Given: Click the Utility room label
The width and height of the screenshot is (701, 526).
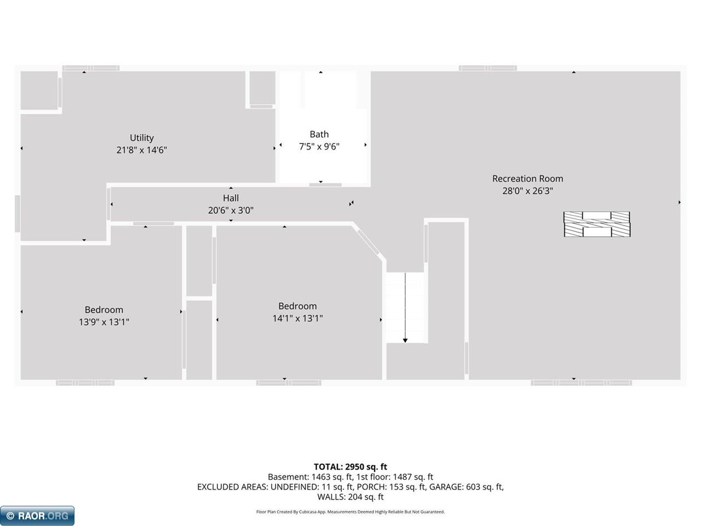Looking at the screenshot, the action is coord(141,138).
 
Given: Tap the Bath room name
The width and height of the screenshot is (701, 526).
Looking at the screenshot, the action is coord(319,134).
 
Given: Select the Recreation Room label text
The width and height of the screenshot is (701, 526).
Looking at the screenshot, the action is coord(527,179).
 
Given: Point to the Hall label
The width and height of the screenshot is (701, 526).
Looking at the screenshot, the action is coord(231,198).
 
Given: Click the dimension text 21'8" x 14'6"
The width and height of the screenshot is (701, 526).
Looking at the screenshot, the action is coord(141,150).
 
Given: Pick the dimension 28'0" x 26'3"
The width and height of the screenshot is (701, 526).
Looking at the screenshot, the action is coord(527,191).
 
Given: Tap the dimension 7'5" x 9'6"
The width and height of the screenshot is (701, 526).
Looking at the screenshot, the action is coord(319,146).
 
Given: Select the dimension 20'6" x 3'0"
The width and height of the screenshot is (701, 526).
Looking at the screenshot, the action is coord(231,210).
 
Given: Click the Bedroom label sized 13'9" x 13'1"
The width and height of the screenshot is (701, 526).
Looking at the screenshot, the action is coord(104,310).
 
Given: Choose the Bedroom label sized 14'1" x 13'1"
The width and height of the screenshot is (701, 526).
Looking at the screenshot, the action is coord(297,306).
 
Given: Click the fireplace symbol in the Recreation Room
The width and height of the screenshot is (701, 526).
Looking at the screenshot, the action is coord(597,224).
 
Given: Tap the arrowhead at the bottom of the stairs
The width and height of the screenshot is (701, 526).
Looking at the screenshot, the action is coord(405,340).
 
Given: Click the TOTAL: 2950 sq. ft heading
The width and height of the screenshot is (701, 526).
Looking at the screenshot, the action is coord(350,467).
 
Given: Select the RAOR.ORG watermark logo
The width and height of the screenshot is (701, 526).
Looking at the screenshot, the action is coord(37,516).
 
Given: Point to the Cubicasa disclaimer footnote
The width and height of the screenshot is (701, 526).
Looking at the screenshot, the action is coord(350,512).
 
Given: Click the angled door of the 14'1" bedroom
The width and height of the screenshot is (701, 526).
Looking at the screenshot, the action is coord(369,242).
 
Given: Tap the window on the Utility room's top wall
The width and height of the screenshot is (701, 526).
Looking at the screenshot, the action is coord(91,68).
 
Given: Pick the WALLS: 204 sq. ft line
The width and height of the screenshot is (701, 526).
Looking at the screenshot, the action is coord(350,496).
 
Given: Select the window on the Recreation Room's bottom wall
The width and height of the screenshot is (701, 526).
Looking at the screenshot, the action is coord(581,383).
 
